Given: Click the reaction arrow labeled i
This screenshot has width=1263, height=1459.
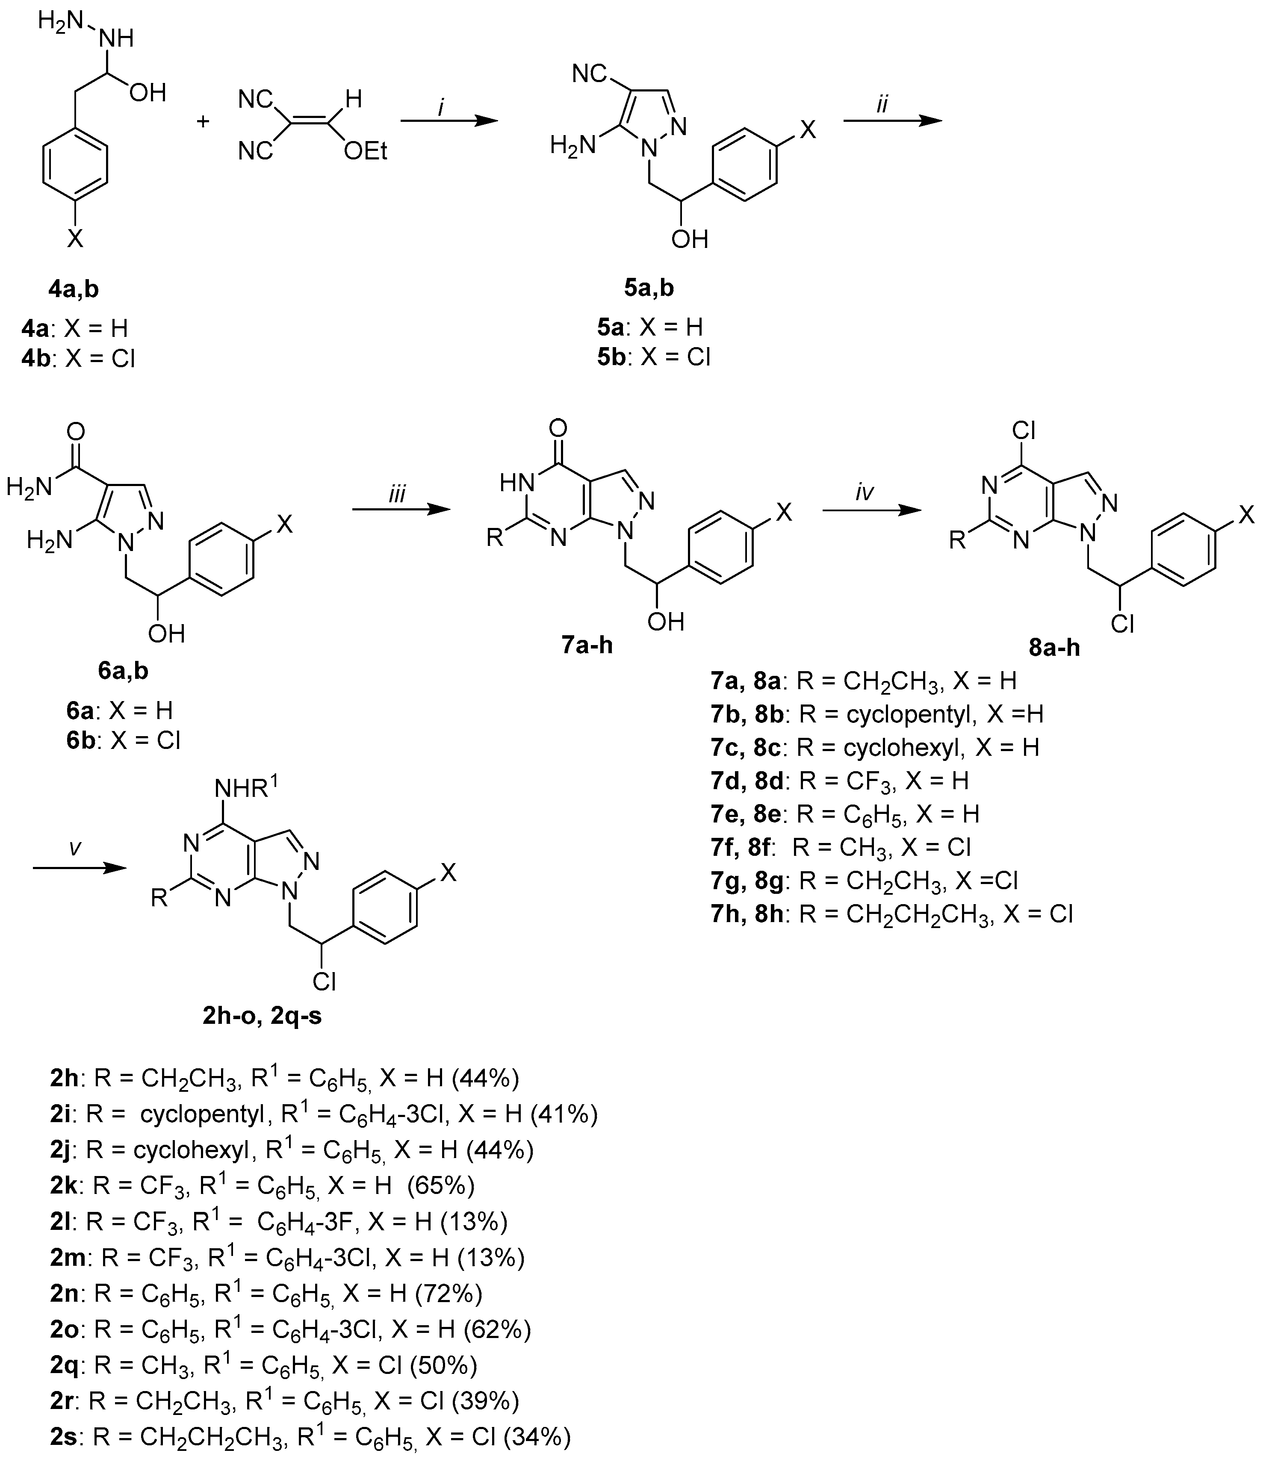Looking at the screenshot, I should coord(449,121).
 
